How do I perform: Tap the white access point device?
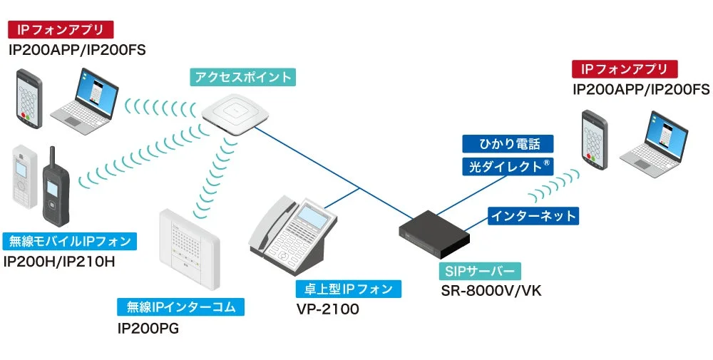click(x=233, y=113)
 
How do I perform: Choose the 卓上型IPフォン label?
click(x=349, y=289)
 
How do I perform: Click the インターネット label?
click(x=533, y=215)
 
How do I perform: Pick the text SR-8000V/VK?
click(x=491, y=292)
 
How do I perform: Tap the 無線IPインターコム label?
click(x=181, y=307)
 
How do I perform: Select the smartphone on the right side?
click(x=593, y=141)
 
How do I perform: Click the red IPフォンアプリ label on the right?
click(x=625, y=69)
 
